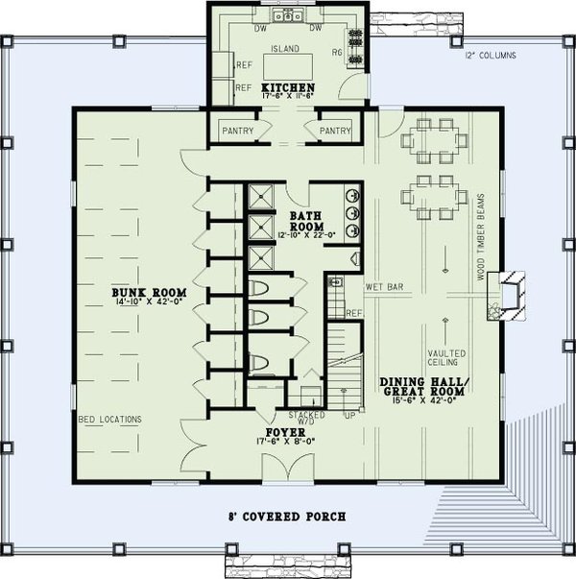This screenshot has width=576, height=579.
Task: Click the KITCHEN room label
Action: tap(288, 87)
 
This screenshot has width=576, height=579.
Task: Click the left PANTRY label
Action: tap(237, 128)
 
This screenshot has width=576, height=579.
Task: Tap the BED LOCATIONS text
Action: tap(109, 420)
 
